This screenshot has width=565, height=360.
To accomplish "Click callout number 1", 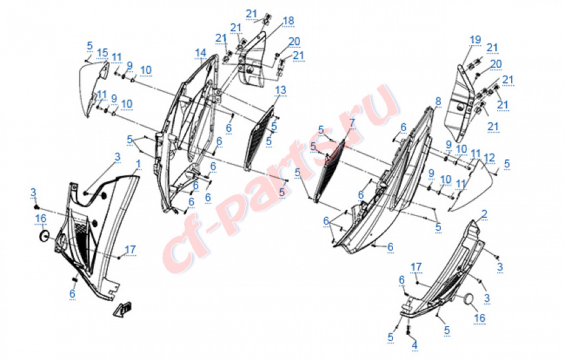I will coord(138,163).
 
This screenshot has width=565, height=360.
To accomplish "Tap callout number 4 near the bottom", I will coord(414,345).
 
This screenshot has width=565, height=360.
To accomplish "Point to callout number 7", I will coord(352,124).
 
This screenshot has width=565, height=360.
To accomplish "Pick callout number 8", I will coord(437,101).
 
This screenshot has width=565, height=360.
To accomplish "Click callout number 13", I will coord(281,90).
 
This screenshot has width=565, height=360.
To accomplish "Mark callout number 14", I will coord(200,52).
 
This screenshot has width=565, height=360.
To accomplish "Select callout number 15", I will coord(102,52).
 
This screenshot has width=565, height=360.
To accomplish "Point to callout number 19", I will coord(475,41).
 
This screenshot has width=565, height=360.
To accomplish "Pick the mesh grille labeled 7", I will coord(329,169).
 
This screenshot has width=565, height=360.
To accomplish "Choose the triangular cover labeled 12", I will coord(473,189).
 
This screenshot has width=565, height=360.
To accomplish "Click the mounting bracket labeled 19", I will coord(460,100).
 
